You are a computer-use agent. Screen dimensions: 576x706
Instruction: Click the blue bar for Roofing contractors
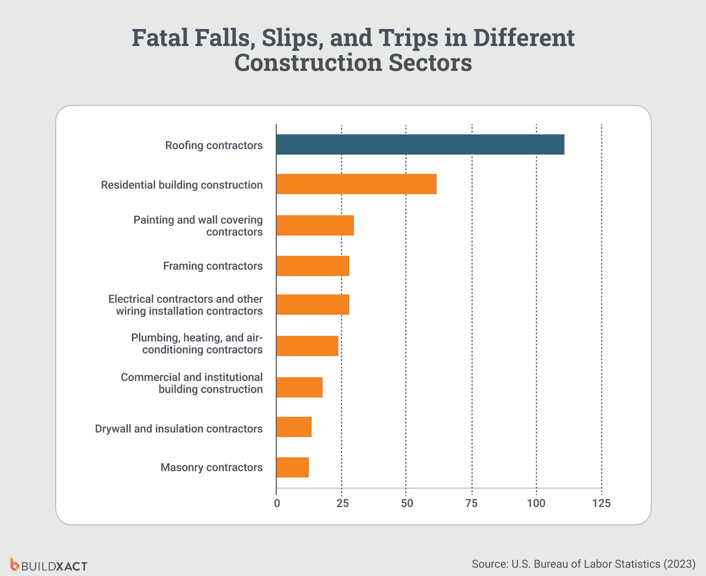pos(420,145)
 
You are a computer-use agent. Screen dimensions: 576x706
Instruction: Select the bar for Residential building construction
pos(356,184)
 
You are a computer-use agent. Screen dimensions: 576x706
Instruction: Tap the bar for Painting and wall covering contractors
pos(315,226)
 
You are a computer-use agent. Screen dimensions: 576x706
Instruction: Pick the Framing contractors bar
pos(313,266)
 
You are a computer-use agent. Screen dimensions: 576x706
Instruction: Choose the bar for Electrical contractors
pos(313,304)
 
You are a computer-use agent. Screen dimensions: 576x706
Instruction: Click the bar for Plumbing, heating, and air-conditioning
pos(307,346)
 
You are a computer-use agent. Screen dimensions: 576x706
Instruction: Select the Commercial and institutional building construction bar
pos(299,387)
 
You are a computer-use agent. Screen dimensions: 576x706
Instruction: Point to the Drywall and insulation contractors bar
pos(294,427)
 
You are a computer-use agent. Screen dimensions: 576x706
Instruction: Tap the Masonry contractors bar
pos(292,467)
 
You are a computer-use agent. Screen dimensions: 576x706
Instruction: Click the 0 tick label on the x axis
pos(277,503)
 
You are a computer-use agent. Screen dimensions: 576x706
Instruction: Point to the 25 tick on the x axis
pos(342,503)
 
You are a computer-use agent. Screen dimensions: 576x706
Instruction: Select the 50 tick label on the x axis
pos(407,503)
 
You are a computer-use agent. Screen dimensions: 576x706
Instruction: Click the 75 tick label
pos(471,503)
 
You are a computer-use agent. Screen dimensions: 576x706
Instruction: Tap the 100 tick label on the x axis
pos(536,503)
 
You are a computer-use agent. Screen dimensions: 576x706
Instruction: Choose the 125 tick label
pos(601,503)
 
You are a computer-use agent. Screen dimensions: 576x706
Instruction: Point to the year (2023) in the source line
pos(679,564)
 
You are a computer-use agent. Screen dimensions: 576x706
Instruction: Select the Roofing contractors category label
pos(214,146)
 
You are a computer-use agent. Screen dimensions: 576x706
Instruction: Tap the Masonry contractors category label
pos(211,467)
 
